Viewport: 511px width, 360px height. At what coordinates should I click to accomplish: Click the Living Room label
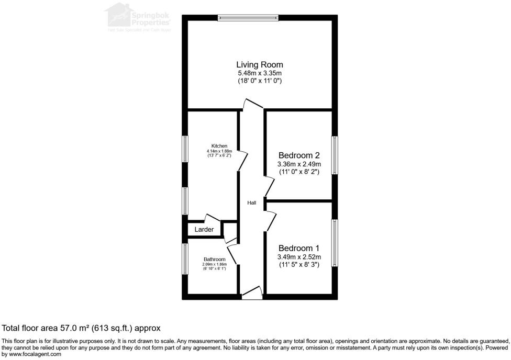coord(260,65)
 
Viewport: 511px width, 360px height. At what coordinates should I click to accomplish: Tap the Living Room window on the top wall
coord(248,18)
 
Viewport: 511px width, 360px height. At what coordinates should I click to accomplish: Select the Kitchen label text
coord(219,145)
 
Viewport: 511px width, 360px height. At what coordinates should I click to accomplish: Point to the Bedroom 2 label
coord(299,155)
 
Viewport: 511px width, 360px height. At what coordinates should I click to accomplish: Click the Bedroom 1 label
coord(299,248)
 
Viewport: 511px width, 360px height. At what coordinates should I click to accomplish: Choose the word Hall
coord(252,203)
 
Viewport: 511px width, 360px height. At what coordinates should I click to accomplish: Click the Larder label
coord(204,230)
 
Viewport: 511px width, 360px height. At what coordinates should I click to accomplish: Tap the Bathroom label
coord(215,260)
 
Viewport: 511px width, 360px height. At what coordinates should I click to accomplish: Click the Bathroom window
coord(185,258)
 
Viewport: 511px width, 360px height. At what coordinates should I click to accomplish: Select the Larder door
coord(213,219)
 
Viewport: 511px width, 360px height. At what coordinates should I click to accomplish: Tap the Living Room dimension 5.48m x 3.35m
coord(260,73)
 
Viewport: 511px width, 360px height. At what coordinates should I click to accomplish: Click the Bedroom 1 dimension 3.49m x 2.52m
coord(299,257)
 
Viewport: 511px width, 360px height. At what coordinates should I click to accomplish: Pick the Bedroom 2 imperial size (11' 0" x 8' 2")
coord(299,172)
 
